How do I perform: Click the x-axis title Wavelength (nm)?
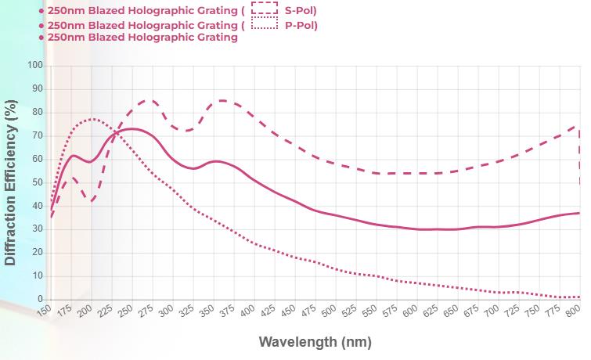point(315,342)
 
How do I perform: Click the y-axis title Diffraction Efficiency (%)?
point(10,182)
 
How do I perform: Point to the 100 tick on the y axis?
point(34,65)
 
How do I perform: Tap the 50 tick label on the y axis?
point(37,182)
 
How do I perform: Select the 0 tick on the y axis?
point(40,300)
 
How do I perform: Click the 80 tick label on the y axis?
point(37,112)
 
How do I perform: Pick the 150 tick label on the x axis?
point(44,312)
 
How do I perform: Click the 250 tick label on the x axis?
point(125,312)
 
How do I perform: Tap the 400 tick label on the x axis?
point(247,312)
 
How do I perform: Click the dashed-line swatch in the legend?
point(265,9)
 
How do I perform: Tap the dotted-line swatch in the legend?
point(265,24)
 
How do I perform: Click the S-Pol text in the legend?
point(301,10)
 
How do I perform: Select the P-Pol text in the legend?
point(301,25)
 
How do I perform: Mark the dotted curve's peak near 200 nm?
point(92,119)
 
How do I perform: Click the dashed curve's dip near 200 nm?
point(92,201)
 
